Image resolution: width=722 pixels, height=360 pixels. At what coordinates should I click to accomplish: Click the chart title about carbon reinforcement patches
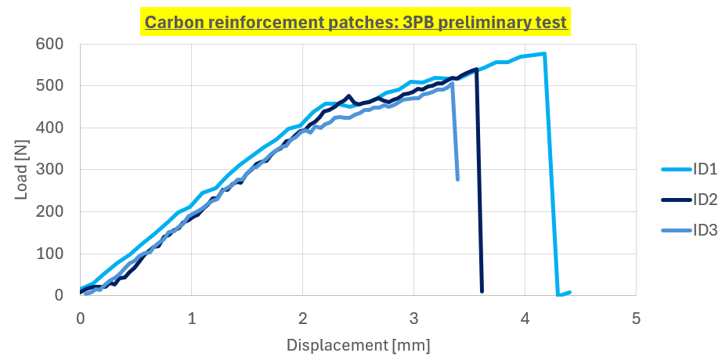coord(356,22)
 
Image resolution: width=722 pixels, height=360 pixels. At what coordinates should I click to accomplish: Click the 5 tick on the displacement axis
coord(636,318)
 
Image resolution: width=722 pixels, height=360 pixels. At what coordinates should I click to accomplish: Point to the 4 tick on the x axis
coord(525,318)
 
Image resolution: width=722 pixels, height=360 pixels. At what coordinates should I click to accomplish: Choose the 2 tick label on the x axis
coord(302,318)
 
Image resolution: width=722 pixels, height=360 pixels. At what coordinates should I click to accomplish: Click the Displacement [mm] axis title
coord(358,344)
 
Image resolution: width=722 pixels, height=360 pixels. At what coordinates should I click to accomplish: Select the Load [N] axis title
coord(22,169)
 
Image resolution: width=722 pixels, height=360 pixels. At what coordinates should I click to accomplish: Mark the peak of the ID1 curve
coord(544,54)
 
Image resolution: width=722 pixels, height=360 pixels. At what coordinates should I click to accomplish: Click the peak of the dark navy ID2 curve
coord(476,69)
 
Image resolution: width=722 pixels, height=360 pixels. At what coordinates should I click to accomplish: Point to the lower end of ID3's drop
coord(457,179)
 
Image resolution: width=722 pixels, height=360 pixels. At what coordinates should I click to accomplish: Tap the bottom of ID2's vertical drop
coord(482,291)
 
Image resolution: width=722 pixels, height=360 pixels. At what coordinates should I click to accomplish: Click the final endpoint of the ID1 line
coord(569,292)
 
